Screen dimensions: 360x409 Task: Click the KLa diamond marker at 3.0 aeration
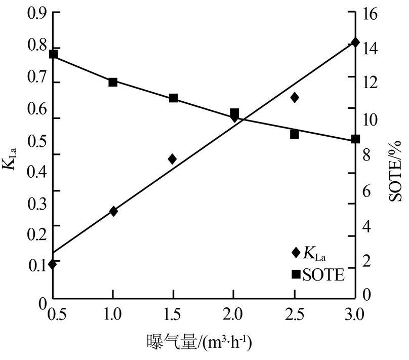coord(355,43)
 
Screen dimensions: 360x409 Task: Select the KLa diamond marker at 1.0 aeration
coord(113,211)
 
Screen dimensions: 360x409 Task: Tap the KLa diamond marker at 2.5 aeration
coord(295,97)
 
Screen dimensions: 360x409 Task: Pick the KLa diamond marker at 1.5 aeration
coord(173,159)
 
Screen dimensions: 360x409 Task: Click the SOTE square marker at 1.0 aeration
coord(113,82)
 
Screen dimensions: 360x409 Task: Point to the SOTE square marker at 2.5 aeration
coord(295,134)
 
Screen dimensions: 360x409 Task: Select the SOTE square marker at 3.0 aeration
coord(355,139)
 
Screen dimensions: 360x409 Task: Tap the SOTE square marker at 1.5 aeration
coord(173,98)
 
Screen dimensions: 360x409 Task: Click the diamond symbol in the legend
coord(296,252)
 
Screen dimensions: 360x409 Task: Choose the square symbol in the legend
coord(296,274)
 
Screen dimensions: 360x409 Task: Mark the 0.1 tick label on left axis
coord(37,265)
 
